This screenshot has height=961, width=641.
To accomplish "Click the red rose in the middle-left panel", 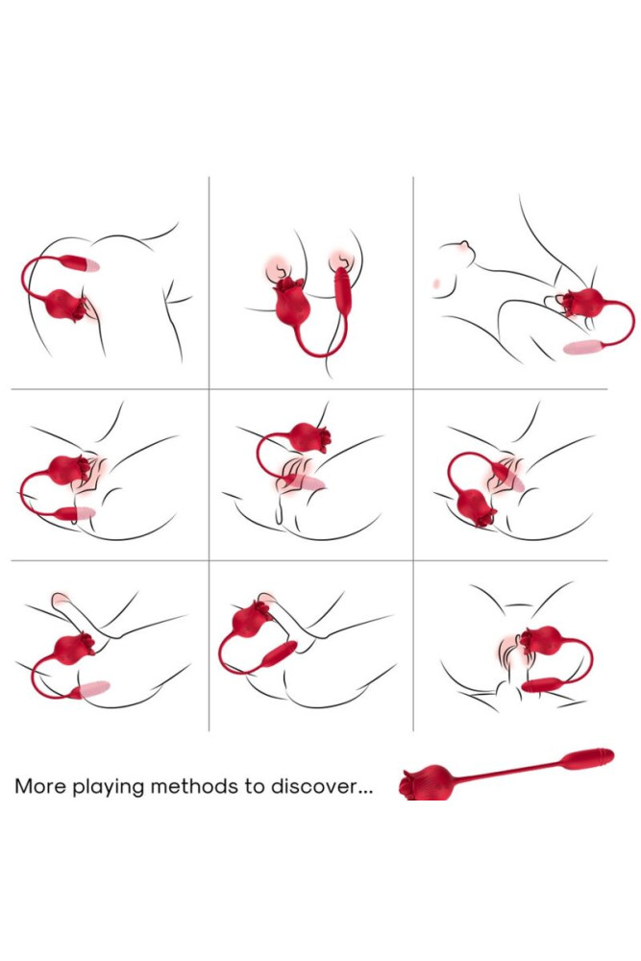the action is point(66,470).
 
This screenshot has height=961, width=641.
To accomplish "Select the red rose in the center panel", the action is point(308,437).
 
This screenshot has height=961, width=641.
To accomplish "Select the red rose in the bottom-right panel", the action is point(540,640).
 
